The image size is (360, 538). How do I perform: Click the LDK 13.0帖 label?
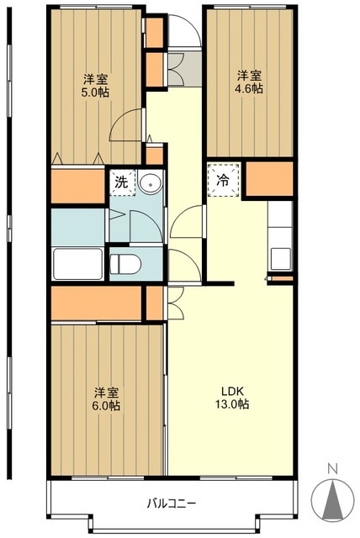tap(232, 398)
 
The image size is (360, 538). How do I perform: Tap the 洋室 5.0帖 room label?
tap(95, 86)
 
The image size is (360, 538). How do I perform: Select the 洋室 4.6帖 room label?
tap(249, 82)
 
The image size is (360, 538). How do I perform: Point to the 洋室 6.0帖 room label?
tap(106, 399)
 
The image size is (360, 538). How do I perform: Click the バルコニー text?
tap(172, 504)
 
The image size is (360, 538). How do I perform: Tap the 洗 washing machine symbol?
tap(123, 182)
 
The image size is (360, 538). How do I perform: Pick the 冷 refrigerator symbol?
tap(224, 180)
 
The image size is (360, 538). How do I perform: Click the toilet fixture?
tap(125, 264)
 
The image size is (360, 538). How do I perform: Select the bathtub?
tap(78, 263)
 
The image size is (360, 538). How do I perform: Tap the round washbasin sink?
tap(150, 183)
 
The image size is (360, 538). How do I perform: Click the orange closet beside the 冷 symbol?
tap(270, 179)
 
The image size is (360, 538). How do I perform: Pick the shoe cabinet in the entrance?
tap(155, 52)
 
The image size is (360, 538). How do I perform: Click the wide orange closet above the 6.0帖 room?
tap(97, 303)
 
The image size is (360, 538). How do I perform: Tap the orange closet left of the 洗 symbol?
tap(78, 186)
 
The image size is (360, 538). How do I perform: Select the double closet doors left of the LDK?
tap(176, 303)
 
